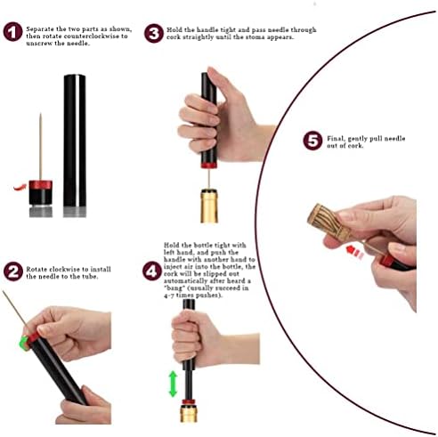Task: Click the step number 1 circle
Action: (x=12, y=33)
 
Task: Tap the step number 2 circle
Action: (x=12, y=271)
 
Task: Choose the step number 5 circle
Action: (x=312, y=141)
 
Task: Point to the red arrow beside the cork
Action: (x=353, y=252)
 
